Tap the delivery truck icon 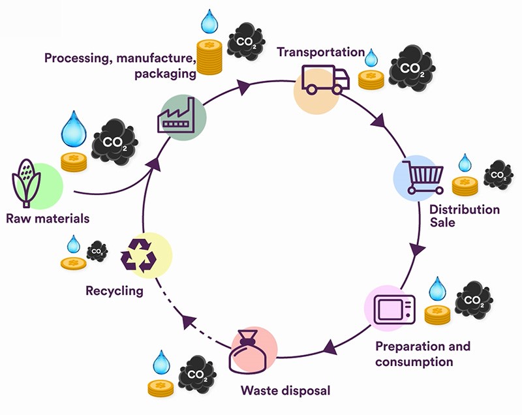(325, 80)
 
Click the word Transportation (320, 52)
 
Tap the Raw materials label (47, 219)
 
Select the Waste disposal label (283, 392)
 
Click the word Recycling (114, 290)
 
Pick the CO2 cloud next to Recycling (97, 250)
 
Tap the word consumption (414, 361)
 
